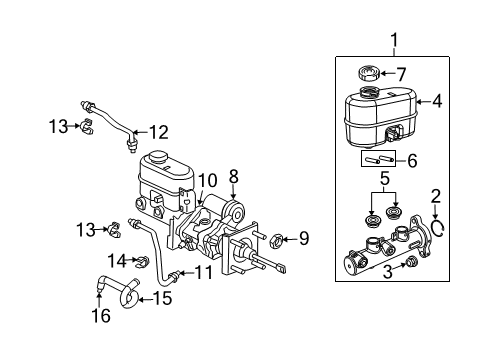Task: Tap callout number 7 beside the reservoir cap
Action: tap(400, 73)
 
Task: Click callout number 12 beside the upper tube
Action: tap(160, 131)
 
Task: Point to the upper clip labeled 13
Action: tap(87, 126)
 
